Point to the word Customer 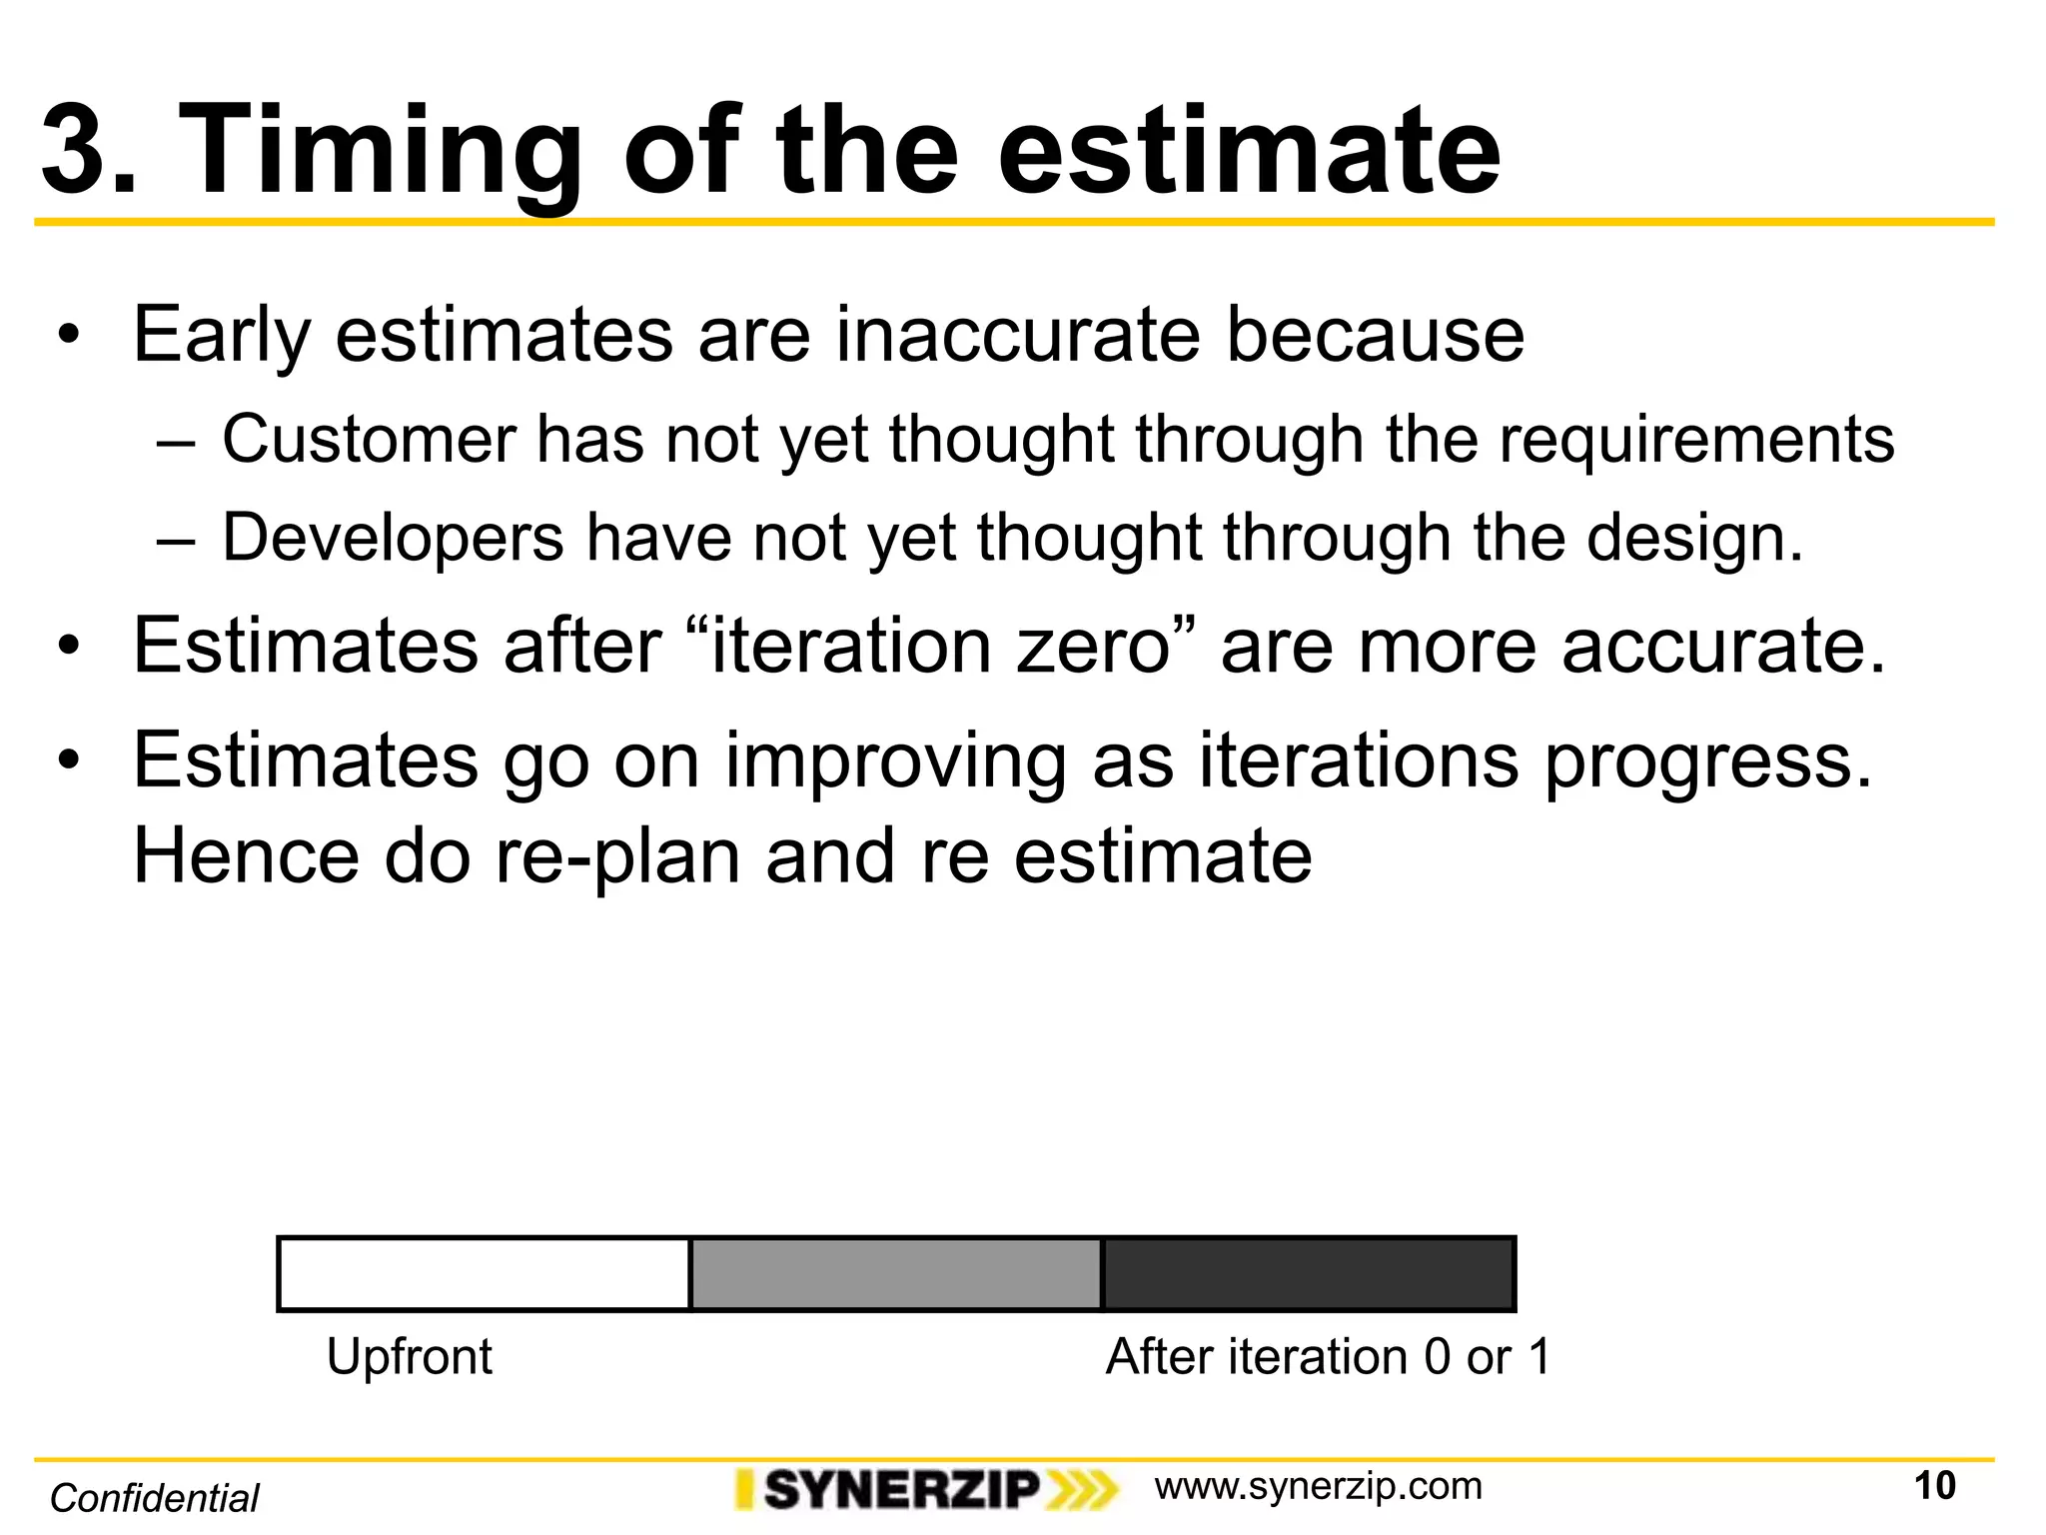click(369, 439)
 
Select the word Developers click(393, 539)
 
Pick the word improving click(896, 762)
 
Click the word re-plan click(617, 857)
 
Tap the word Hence click(246, 857)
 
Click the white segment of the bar click(484, 1274)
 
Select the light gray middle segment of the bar click(896, 1274)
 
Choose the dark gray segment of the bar click(1308, 1274)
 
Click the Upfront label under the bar click(410, 1357)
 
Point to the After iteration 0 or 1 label click(1328, 1357)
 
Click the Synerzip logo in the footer click(925, 1490)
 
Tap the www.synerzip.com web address click(1318, 1487)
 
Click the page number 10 click(1934, 1486)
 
